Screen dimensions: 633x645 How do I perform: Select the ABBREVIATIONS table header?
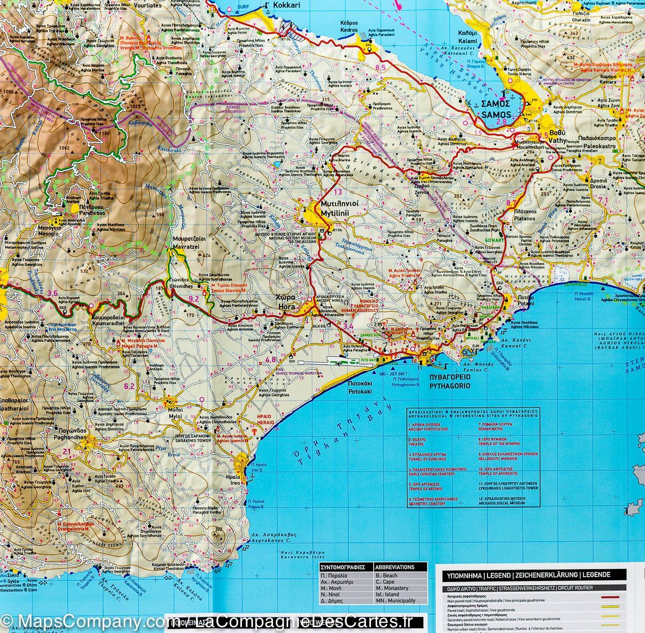pos(395,567)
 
